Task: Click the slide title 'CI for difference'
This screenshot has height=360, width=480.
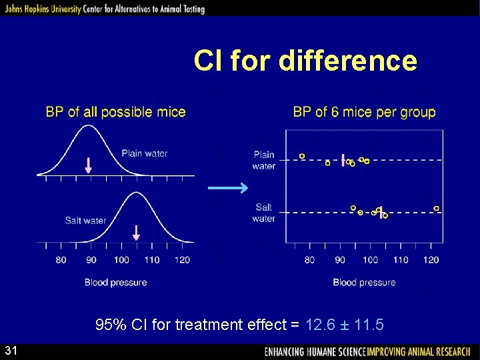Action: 305,61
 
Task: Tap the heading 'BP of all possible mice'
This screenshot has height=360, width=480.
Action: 115,112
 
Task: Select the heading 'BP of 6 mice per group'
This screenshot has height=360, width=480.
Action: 364,112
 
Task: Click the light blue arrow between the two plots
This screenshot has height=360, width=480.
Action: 228,189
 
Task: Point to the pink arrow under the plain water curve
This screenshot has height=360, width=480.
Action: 89,165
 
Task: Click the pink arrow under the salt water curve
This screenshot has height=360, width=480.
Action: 136,233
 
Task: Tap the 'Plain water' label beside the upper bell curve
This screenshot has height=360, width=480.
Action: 145,153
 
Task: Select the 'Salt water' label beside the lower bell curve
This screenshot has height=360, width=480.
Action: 85,220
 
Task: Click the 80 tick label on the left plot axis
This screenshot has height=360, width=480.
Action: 61,260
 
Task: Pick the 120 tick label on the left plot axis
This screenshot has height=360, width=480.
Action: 182,260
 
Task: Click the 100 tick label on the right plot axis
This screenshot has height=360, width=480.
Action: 370,260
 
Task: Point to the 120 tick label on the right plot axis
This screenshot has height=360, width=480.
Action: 431,260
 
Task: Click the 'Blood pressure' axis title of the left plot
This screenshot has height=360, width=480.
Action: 115,282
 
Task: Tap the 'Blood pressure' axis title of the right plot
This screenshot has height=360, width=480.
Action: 364,282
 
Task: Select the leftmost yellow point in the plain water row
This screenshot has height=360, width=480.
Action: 302,155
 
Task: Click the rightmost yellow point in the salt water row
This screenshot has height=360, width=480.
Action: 437,209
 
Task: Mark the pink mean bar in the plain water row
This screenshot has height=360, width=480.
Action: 343,160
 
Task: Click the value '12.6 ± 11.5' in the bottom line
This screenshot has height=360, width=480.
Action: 344,325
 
